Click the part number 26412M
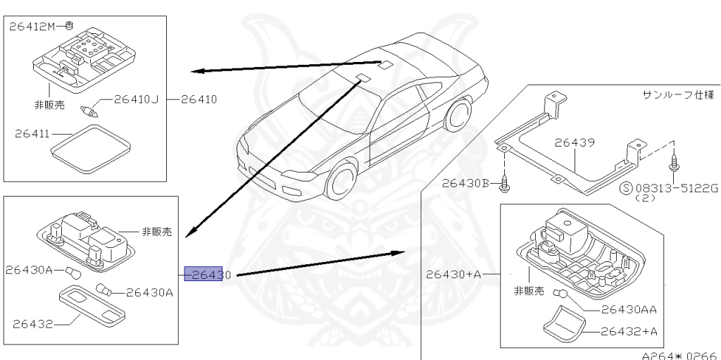(34, 26)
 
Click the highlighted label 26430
(203, 274)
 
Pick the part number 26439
(574, 142)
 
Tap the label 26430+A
(453, 274)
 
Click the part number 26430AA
(629, 309)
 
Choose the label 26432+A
(627, 330)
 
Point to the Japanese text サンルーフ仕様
(677, 94)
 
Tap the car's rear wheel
(458, 116)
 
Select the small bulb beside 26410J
(89, 109)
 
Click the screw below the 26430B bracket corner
(505, 186)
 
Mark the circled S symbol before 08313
(625, 188)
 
